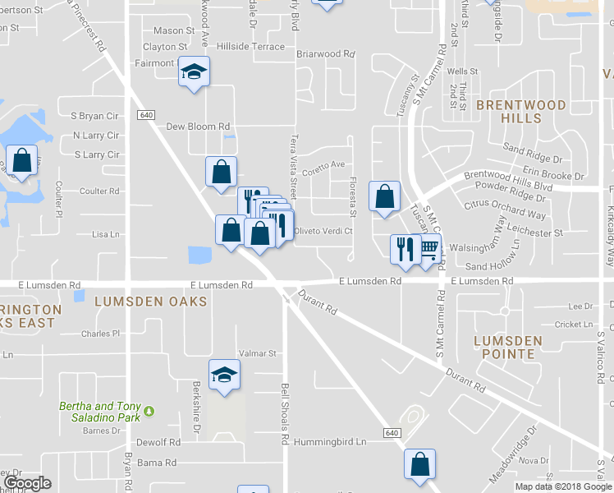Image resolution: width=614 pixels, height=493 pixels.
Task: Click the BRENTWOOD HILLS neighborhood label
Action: tap(520, 112)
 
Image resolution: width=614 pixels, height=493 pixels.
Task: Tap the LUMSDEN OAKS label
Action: tap(149, 302)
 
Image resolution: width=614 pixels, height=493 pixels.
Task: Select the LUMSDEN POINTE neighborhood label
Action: tap(508, 347)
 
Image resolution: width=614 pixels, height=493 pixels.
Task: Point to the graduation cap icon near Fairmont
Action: tap(195, 71)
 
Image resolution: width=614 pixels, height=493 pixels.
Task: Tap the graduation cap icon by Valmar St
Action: tap(224, 376)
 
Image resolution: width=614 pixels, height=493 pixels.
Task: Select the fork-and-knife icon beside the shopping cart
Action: tap(405, 249)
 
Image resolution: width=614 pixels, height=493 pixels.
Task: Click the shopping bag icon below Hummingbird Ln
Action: tap(420, 464)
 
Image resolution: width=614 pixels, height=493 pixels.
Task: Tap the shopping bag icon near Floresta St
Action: tap(384, 197)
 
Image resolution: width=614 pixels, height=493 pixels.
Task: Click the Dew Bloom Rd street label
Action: tap(198, 127)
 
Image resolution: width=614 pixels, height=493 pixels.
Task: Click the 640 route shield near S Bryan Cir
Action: tap(146, 114)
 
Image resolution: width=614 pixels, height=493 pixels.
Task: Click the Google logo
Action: tap(27, 482)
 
